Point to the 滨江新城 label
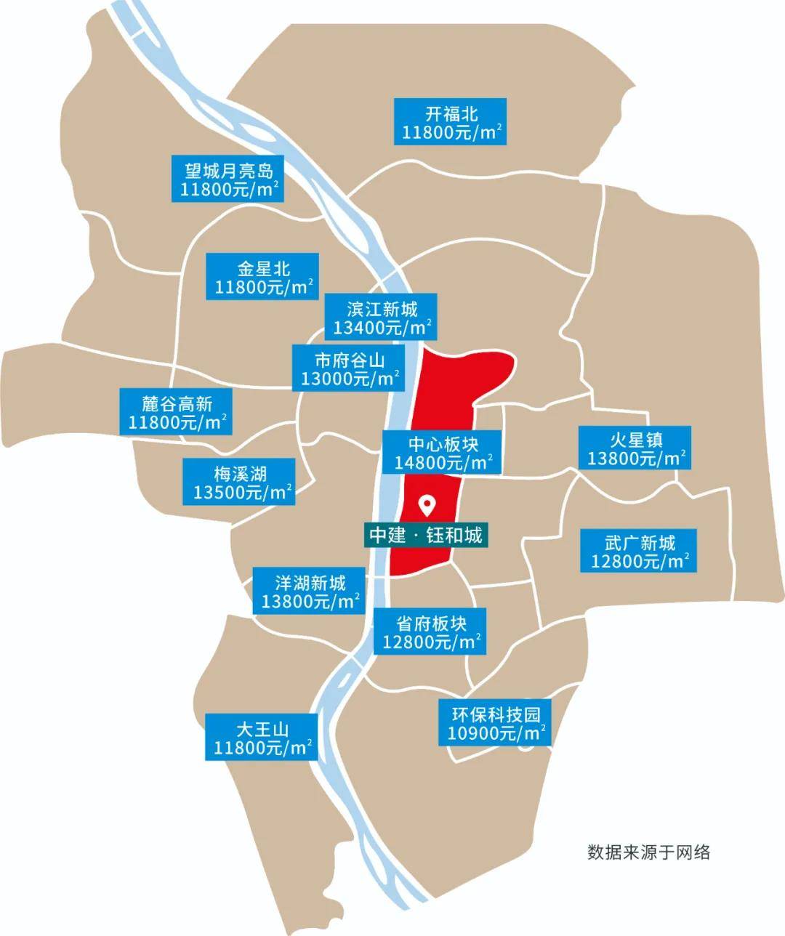pyautogui.click(x=381, y=317)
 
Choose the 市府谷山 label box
pyautogui.click(x=348, y=368)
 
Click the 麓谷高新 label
pyautogui.click(x=177, y=412)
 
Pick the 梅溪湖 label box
pyautogui.click(x=239, y=483)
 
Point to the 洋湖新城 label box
pyautogui.click(x=310, y=592)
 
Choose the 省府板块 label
pyautogui.click(x=430, y=632)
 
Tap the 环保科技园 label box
pyautogui.click(x=494, y=722)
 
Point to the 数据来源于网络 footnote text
pyautogui.click(x=648, y=852)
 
